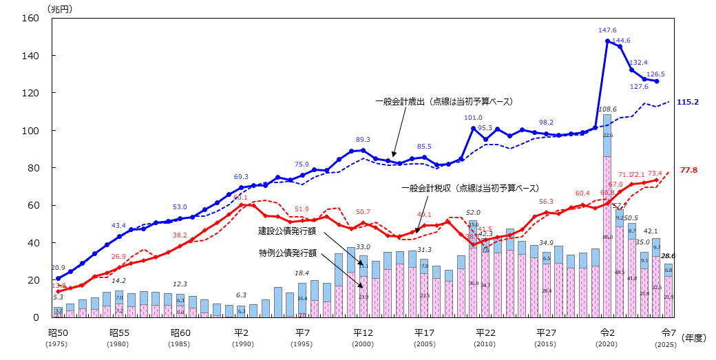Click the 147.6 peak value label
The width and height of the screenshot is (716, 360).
606,30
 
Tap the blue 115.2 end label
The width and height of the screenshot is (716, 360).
688,102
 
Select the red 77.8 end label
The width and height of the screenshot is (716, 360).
688,169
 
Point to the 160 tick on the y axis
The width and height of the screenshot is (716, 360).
31,18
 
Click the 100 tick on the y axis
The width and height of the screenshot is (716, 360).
31,130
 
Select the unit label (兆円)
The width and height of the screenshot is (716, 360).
59,8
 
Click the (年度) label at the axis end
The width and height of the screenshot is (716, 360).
693,338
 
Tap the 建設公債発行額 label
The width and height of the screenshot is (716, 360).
287,229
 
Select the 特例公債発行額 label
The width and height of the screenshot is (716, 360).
287,253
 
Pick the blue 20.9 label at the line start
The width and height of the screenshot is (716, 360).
59,268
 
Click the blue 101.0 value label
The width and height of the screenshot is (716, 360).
473,118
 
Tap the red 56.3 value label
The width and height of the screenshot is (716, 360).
545,202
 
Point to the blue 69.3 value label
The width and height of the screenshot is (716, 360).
242,177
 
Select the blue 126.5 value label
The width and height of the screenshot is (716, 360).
656,74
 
